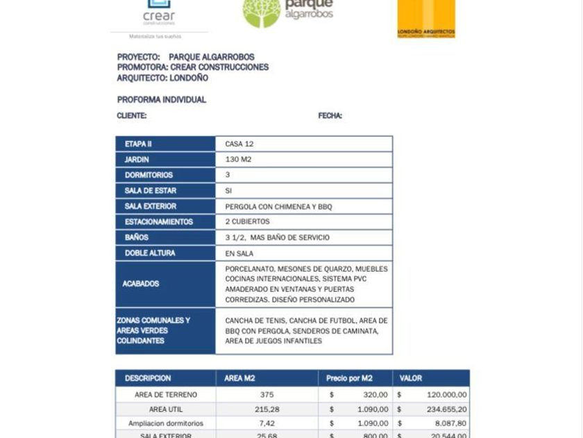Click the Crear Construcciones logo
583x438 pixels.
click(x=159, y=14)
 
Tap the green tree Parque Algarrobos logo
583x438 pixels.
click(x=288, y=13)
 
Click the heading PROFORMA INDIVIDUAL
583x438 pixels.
click(x=162, y=99)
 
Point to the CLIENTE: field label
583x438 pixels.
click(x=132, y=116)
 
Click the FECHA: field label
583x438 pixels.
click(x=330, y=116)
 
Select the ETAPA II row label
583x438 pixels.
click(x=138, y=144)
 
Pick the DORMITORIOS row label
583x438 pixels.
click(x=149, y=175)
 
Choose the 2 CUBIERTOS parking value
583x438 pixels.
click(x=247, y=222)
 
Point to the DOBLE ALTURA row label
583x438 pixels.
click(x=150, y=253)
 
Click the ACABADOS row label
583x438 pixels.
click(x=141, y=284)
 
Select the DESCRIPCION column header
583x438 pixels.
click(x=148, y=378)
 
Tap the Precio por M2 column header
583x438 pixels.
click(x=349, y=378)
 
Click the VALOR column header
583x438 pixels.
click(x=411, y=378)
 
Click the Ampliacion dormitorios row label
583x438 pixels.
click(x=166, y=423)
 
